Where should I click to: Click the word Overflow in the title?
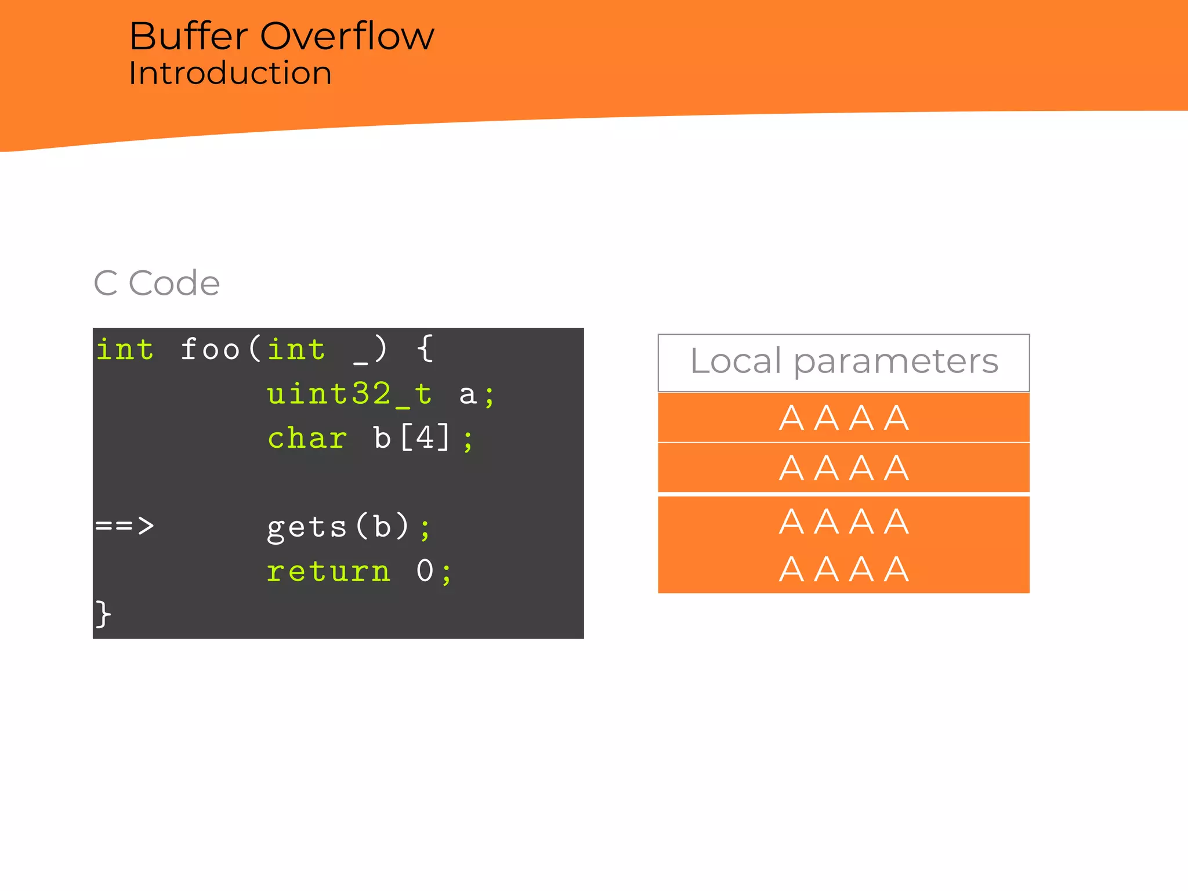[x=346, y=37]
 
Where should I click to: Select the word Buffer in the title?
[x=188, y=37]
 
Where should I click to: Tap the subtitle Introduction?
[x=230, y=74]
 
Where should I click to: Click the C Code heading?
[x=157, y=283]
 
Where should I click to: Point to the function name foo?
[x=209, y=349]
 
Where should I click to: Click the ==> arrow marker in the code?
[x=125, y=526]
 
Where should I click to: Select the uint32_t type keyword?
[x=349, y=394]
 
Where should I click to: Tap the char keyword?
[x=307, y=438]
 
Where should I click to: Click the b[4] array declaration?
[x=411, y=438]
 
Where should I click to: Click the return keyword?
[x=328, y=571]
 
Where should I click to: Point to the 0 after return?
[x=425, y=571]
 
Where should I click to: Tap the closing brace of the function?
[x=103, y=614]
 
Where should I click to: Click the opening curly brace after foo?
[x=425, y=349]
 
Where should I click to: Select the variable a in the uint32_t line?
[x=468, y=395]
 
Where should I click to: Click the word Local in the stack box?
[x=736, y=361]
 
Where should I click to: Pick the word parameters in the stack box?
[x=896, y=362]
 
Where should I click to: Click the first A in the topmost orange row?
[x=791, y=418]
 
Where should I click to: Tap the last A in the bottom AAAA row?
[x=896, y=569]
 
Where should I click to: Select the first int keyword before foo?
[x=125, y=349]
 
